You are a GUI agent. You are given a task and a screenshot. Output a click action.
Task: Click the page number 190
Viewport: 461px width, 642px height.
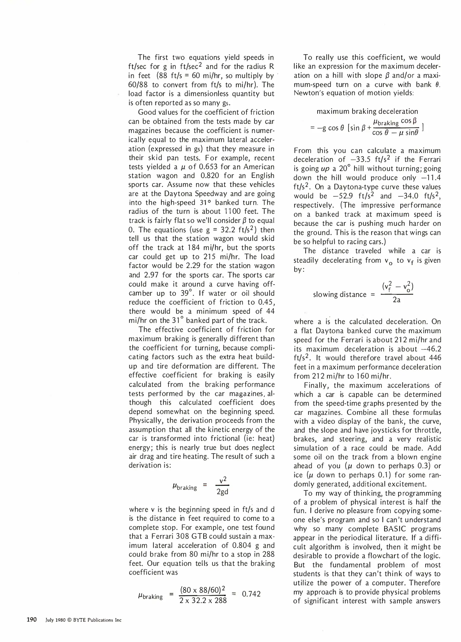tap(31, 620)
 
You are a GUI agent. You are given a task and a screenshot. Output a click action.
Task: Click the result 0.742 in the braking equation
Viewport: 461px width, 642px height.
tap(251, 594)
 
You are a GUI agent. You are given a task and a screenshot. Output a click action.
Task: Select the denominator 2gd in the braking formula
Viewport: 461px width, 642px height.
tap(222, 492)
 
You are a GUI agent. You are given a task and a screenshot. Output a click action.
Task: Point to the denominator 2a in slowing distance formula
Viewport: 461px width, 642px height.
tap(396, 300)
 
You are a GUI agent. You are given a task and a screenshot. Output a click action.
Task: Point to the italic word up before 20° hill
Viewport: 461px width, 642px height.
tap(325, 169)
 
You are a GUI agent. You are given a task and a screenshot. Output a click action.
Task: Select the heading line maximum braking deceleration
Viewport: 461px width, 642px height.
tap(367, 111)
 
